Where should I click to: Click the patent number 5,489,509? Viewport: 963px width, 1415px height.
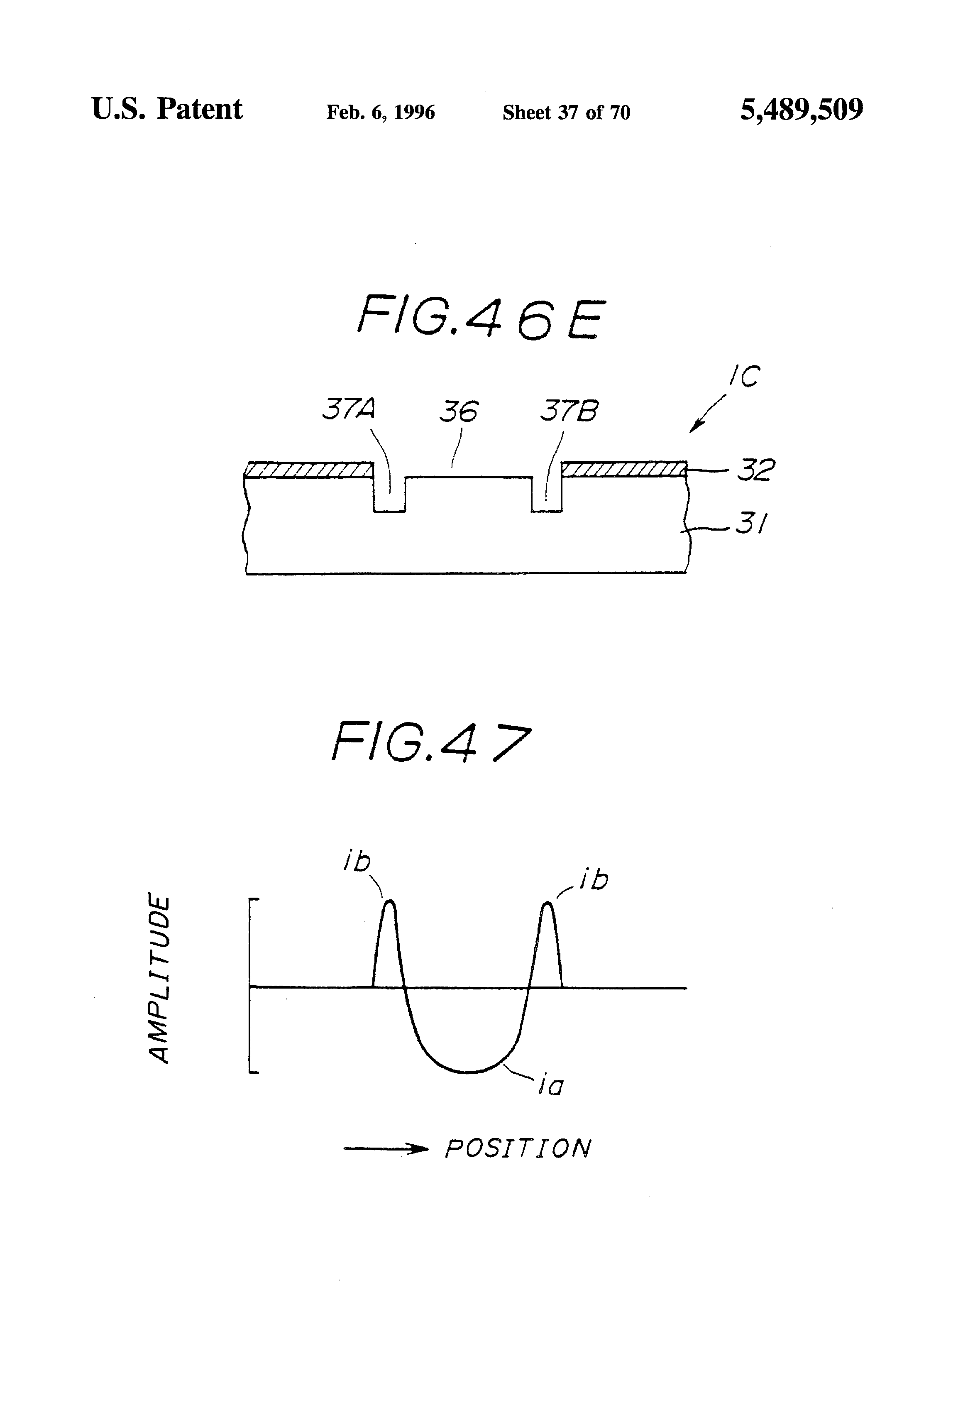click(x=801, y=110)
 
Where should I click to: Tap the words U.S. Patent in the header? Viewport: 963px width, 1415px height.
click(x=167, y=110)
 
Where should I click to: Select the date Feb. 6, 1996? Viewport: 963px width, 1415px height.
click(x=381, y=113)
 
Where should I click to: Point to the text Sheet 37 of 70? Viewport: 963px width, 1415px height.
click(x=566, y=113)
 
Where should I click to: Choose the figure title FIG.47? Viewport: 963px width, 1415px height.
click(x=431, y=741)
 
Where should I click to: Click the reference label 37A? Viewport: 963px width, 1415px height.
click(x=348, y=410)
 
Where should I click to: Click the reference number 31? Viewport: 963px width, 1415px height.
click(x=752, y=523)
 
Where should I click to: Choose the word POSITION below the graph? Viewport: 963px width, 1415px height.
click(x=518, y=1148)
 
